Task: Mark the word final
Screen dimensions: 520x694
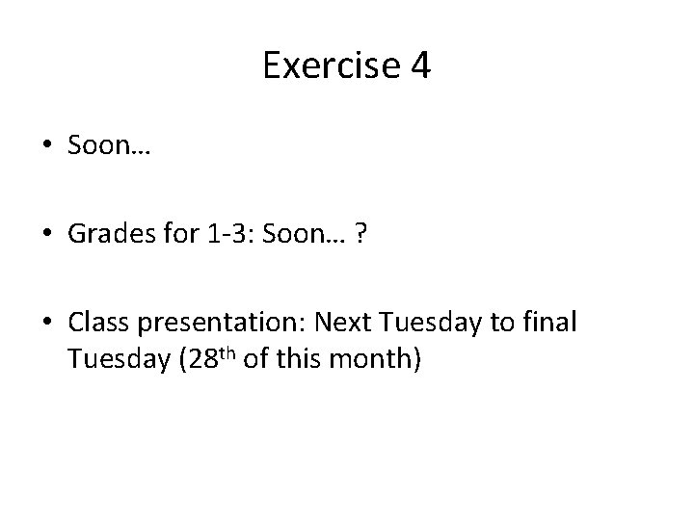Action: coord(552,324)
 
